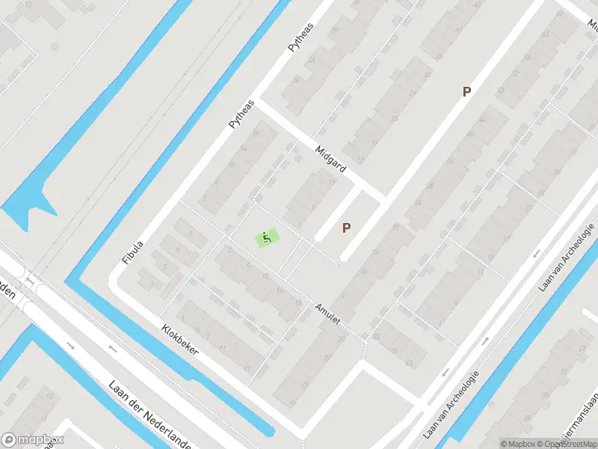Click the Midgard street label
[330, 159]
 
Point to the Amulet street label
[327, 314]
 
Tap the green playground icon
[268, 238]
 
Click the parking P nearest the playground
[346, 227]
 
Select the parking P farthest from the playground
[467, 92]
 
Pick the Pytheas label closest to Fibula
[241, 114]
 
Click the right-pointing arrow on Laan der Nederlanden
[70, 345]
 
